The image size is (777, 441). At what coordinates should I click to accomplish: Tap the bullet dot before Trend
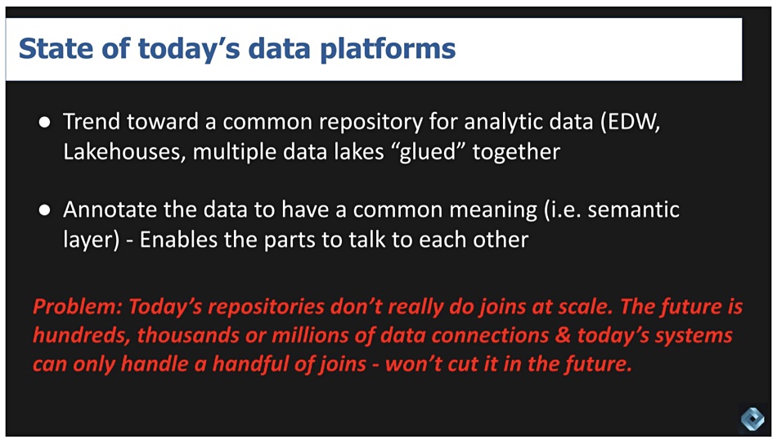click(x=45, y=122)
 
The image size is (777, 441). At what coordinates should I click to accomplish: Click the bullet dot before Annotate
click(x=45, y=210)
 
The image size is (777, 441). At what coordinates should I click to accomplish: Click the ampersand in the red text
click(x=563, y=335)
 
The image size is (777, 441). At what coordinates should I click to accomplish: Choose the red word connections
click(x=490, y=335)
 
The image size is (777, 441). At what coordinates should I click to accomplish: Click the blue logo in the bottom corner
click(x=752, y=419)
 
